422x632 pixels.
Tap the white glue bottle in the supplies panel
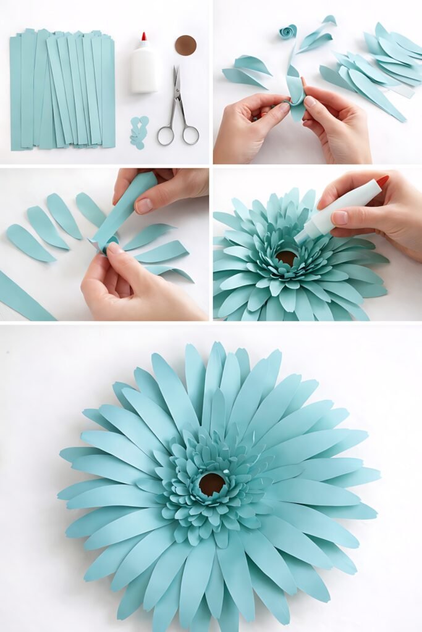(x=144, y=71)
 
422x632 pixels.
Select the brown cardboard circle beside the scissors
(x=185, y=45)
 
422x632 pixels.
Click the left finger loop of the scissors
(x=166, y=135)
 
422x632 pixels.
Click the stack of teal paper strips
(x=62, y=89)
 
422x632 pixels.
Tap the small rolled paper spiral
(x=287, y=31)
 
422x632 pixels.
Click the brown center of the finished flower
(x=211, y=484)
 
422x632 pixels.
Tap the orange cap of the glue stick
(x=383, y=181)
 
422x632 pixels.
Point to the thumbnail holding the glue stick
(x=339, y=218)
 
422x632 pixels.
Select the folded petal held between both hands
(x=295, y=93)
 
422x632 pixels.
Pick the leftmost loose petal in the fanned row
(x=28, y=243)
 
